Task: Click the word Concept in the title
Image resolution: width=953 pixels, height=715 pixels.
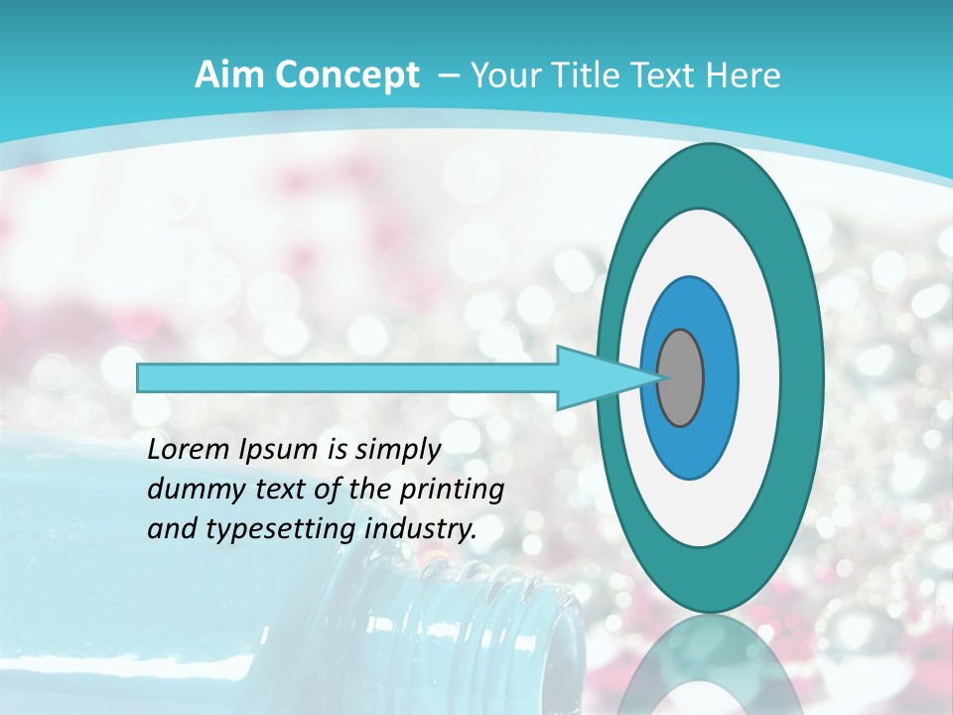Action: tap(348, 75)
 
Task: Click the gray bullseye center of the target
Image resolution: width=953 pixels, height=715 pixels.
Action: tap(681, 377)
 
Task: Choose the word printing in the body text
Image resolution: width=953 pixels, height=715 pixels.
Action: tap(453, 491)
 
